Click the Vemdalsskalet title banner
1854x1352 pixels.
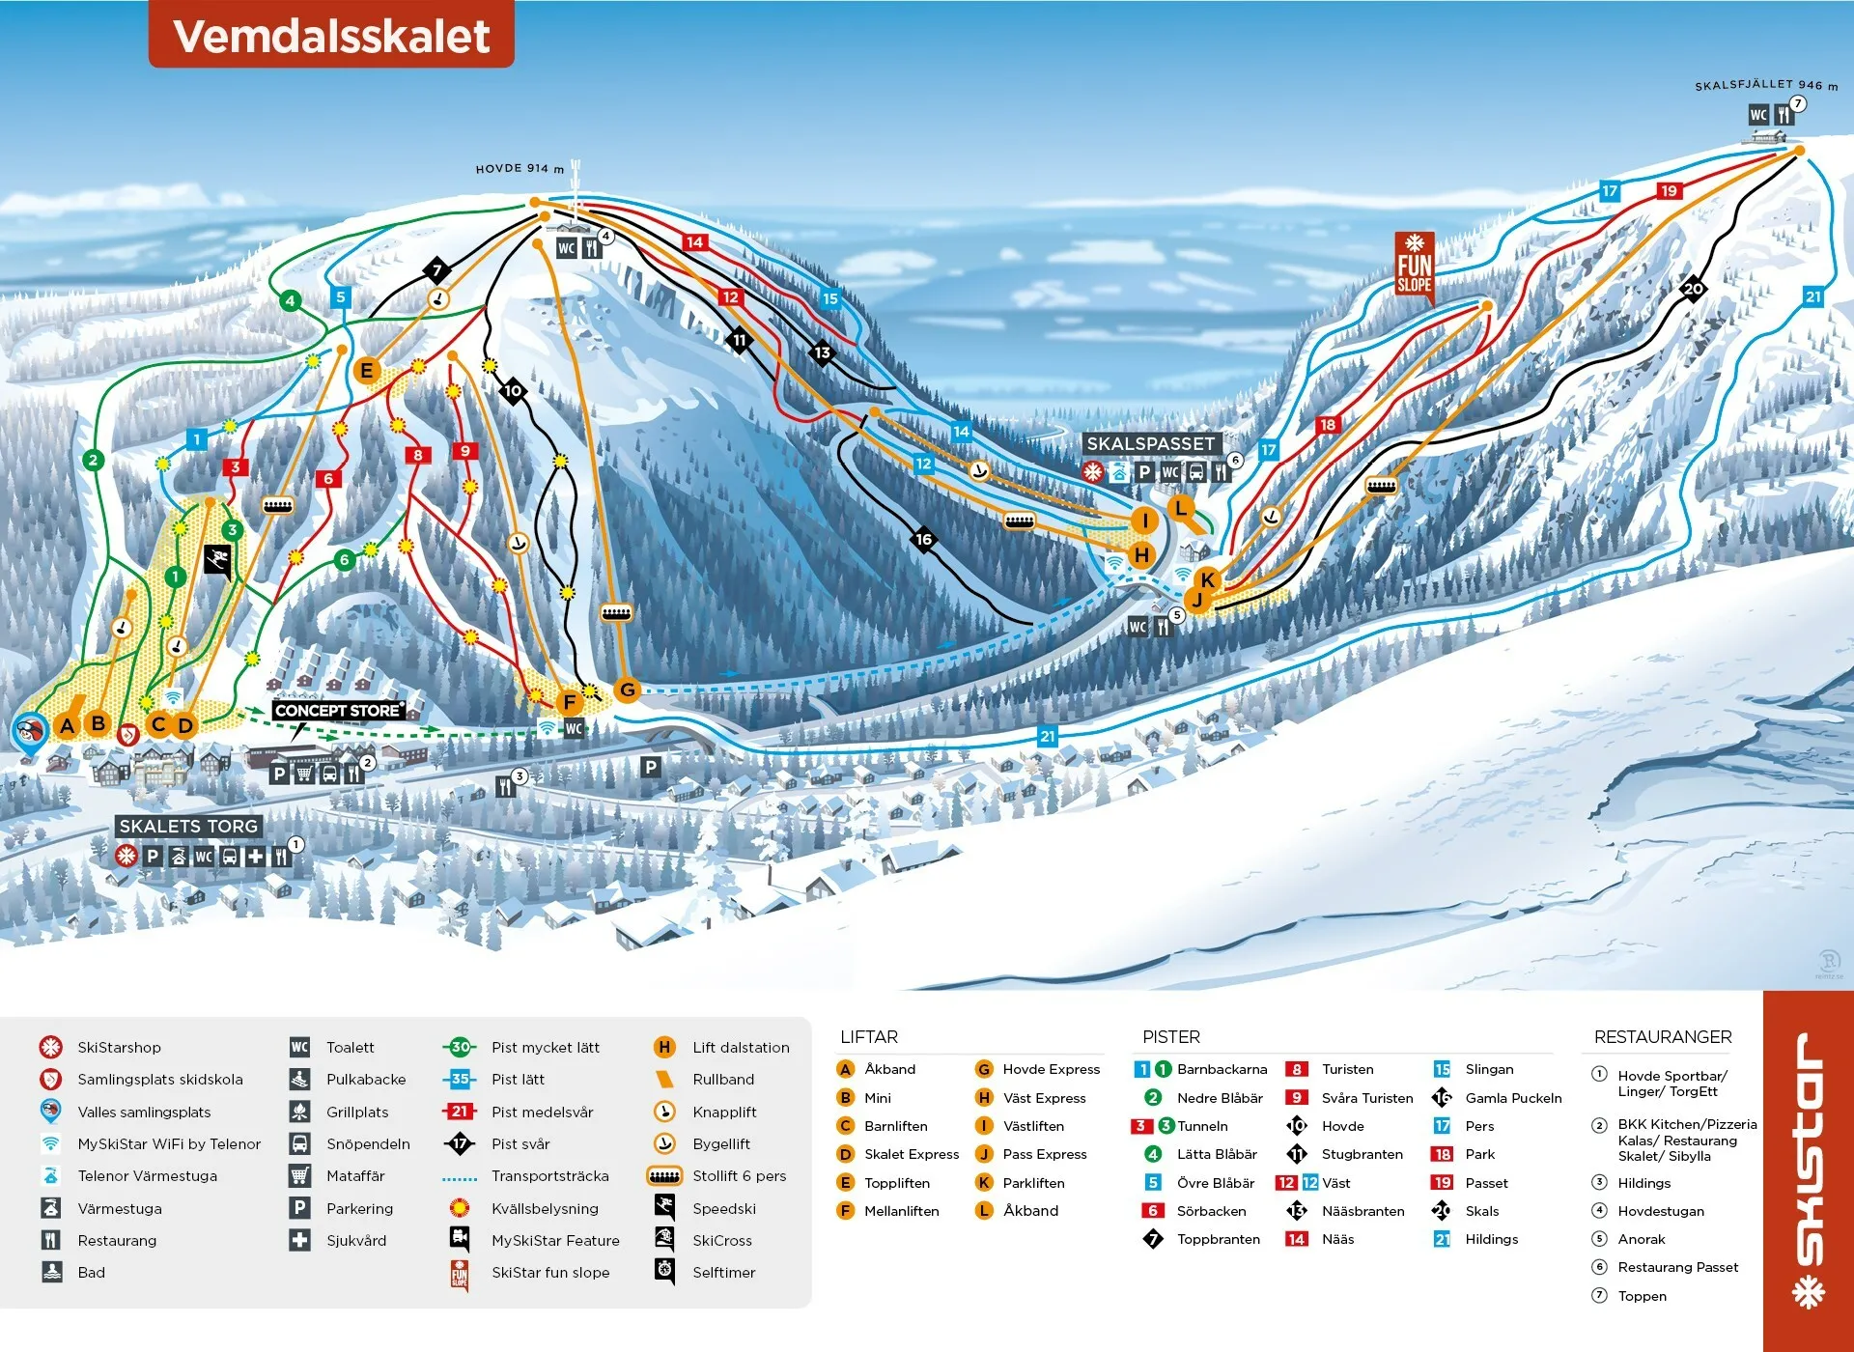(x=331, y=36)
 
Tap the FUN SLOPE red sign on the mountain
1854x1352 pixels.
(x=1414, y=266)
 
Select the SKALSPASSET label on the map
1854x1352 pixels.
(x=1150, y=443)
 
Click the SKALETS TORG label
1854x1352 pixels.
(x=188, y=826)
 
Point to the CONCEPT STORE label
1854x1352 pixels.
(x=337, y=710)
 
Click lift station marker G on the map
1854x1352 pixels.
(x=628, y=690)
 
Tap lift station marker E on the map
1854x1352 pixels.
(x=366, y=370)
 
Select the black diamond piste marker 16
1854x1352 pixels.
(x=923, y=539)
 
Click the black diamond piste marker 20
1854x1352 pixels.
(x=1693, y=288)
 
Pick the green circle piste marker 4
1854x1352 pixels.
(x=290, y=300)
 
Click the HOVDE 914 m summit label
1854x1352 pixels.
(x=520, y=168)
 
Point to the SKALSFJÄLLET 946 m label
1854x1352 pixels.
(x=1765, y=85)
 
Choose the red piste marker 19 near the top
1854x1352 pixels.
(x=1669, y=190)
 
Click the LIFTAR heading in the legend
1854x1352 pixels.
(x=868, y=1036)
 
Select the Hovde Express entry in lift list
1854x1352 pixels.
(x=1051, y=1069)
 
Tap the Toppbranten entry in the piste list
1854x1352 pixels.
(x=1218, y=1239)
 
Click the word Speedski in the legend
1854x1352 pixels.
(x=723, y=1208)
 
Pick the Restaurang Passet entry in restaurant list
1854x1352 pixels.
(x=1677, y=1267)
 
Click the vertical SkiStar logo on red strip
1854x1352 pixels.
(x=1808, y=1169)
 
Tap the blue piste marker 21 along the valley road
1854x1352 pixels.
(x=1048, y=736)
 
